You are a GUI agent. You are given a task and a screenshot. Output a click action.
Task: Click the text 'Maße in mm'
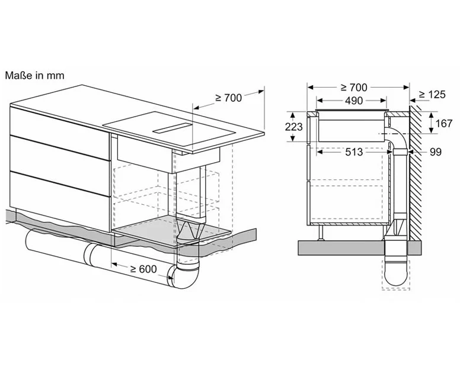(x=34, y=76)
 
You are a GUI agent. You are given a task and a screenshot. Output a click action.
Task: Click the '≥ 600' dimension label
(x=143, y=269)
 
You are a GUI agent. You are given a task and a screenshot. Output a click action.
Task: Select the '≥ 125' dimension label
(x=432, y=94)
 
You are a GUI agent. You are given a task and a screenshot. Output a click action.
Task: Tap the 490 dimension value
(x=354, y=101)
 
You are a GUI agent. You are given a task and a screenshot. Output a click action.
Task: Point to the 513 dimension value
(x=354, y=152)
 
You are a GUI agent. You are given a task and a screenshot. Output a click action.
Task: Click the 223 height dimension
(x=293, y=127)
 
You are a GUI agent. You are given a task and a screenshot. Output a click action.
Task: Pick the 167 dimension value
(x=444, y=123)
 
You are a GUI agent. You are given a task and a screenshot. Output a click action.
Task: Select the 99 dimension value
(x=436, y=152)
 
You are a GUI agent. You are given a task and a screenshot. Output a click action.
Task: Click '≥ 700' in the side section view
(x=354, y=87)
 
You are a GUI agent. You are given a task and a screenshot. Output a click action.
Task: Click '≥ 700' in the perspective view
(x=229, y=98)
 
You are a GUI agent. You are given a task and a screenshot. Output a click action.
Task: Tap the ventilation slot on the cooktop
(x=172, y=128)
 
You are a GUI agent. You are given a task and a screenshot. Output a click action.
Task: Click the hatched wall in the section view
(x=416, y=172)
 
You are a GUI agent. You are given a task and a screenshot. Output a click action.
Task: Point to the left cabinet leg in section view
(x=321, y=233)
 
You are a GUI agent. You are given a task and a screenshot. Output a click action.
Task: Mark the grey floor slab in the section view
(x=360, y=248)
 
